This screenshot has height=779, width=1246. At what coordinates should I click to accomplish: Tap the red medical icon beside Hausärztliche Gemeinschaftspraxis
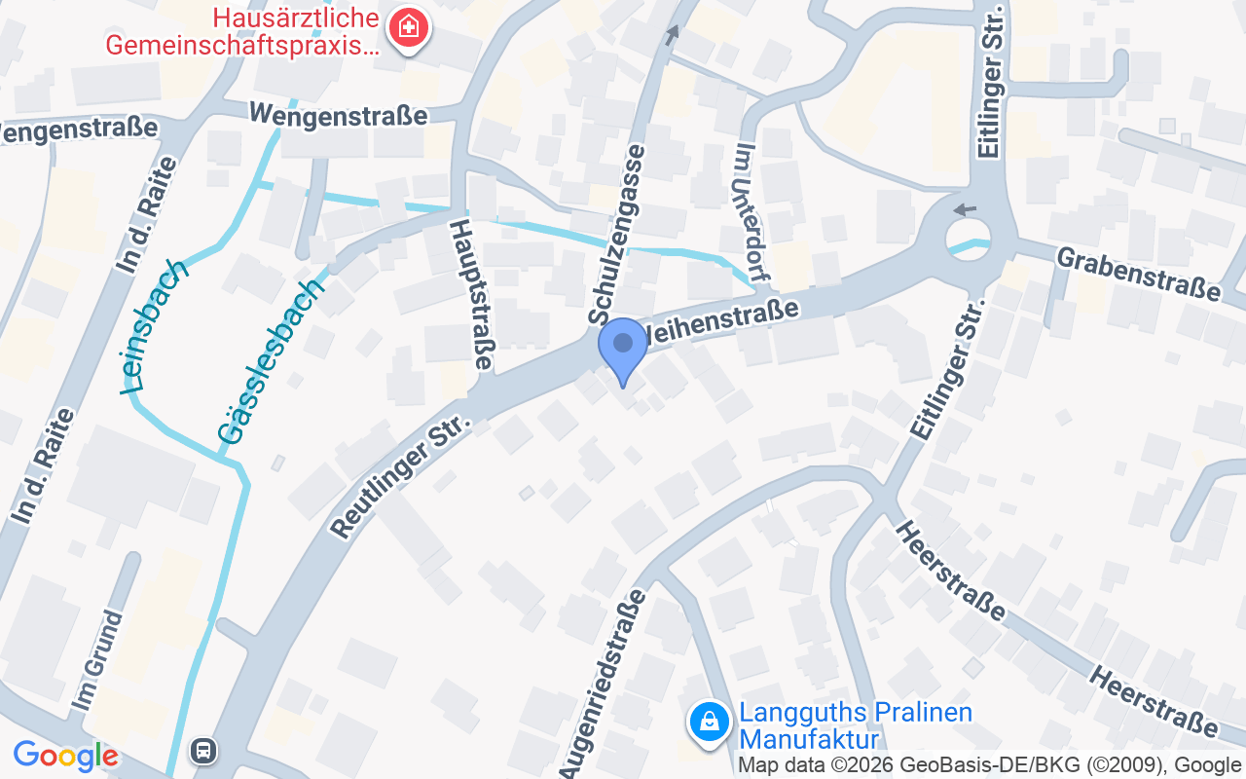click(x=409, y=27)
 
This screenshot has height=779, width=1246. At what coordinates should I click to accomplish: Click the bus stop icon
click(x=203, y=750)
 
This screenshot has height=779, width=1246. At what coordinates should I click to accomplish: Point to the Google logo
click(x=65, y=756)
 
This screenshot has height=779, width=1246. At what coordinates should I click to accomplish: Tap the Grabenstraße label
click(x=1137, y=274)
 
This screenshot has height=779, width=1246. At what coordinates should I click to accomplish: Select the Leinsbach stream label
click(x=154, y=326)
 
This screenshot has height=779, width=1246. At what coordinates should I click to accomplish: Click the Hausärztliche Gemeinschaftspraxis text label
click(x=241, y=31)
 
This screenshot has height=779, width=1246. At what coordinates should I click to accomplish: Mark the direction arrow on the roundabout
click(x=964, y=209)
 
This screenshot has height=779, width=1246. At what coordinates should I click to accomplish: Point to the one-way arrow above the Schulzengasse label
click(x=672, y=36)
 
